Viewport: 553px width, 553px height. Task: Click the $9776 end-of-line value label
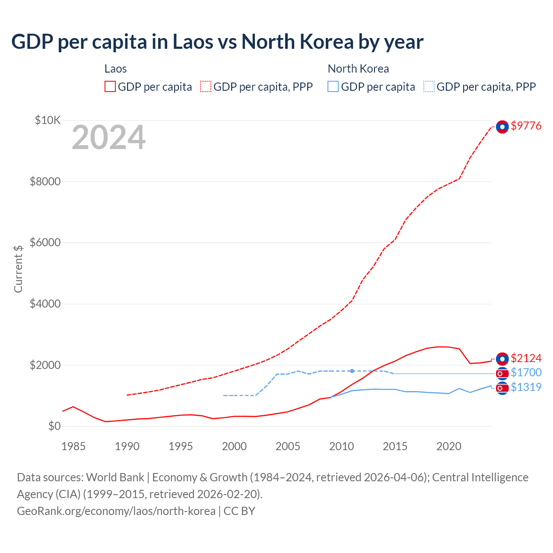(x=526, y=126)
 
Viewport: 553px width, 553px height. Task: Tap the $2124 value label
(x=526, y=358)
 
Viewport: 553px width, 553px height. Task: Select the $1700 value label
(x=526, y=372)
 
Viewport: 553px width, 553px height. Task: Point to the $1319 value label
(x=526, y=387)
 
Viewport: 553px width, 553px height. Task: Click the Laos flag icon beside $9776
(x=502, y=127)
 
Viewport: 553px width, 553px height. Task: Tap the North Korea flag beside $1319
(x=502, y=388)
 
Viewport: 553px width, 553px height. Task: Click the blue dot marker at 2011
(x=352, y=371)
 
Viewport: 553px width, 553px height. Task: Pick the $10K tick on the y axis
(x=48, y=120)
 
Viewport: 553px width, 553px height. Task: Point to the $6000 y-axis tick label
(x=45, y=242)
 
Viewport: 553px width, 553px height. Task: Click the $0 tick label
(x=54, y=426)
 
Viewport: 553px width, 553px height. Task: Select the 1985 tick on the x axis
(x=73, y=446)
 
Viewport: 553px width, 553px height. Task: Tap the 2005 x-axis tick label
(x=288, y=446)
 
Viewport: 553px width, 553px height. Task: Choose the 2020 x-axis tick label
(x=448, y=446)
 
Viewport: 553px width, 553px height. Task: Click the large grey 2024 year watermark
(x=108, y=138)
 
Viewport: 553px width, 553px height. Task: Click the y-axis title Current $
(x=18, y=269)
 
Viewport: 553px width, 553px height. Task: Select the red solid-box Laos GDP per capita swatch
(x=110, y=86)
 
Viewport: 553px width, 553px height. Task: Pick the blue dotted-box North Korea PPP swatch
(x=429, y=86)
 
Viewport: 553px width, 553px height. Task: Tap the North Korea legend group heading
(x=358, y=69)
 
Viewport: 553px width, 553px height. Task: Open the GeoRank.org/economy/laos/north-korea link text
(x=116, y=511)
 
